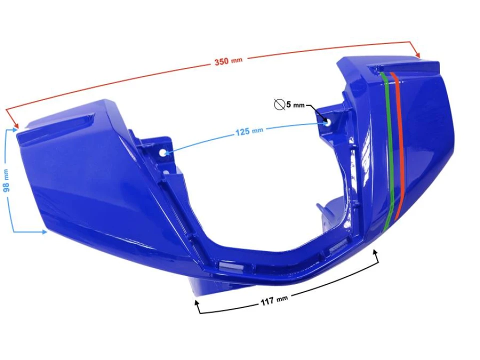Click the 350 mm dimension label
(228, 61)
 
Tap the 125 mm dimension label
(249, 131)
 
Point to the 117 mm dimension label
(274, 301)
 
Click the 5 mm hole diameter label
(295, 105)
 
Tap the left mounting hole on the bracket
(163, 152)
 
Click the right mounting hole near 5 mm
(327, 121)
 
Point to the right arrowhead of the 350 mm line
(418, 55)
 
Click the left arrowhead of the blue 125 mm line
(168, 152)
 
